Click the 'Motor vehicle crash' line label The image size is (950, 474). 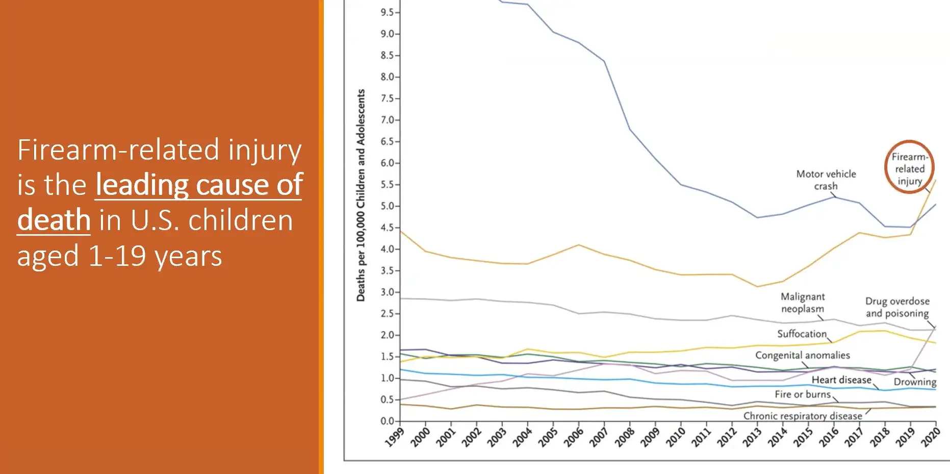click(x=826, y=180)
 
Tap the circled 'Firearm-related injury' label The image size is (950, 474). click(x=910, y=168)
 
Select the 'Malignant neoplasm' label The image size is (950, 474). click(x=802, y=303)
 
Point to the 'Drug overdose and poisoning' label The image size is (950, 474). click(x=897, y=307)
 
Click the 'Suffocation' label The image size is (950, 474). click(x=801, y=334)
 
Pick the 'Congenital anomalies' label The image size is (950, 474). click(x=802, y=355)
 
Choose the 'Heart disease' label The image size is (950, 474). click(x=841, y=380)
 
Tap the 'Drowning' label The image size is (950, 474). click(x=914, y=382)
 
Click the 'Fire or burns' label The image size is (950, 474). click(x=802, y=394)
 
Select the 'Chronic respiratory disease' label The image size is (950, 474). click(x=802, y=416)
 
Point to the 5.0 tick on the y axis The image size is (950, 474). click(x=388, y=206)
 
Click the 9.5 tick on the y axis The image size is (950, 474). click(x=388, y=12)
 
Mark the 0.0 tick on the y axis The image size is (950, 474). click(x=388, y=421)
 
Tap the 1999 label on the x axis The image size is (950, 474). click(x=395, y=437)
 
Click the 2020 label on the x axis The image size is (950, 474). click(x=930, y=437)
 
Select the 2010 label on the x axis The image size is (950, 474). click(x=675, y=437)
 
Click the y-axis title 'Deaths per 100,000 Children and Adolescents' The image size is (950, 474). click(x=361, y=195)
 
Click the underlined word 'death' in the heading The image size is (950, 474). click(x=54, y=220)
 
